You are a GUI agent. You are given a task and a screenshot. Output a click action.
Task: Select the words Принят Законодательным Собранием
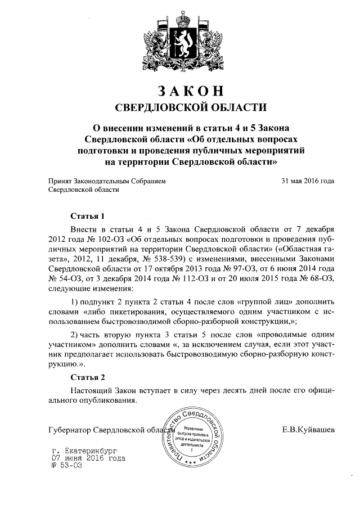(x=107, y=181)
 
